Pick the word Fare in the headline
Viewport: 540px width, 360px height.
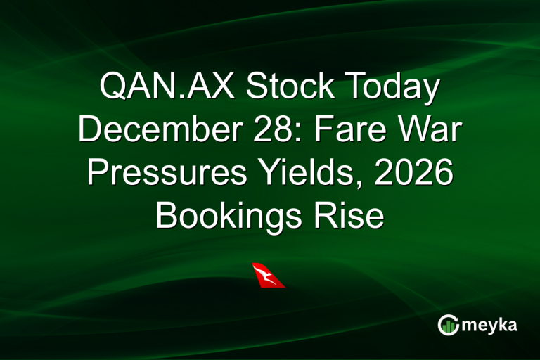(354, 131)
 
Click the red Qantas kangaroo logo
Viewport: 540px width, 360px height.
(268, 275)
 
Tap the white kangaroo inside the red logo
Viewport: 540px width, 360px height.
(265, 273)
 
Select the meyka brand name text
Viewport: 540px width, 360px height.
(489, 325)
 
